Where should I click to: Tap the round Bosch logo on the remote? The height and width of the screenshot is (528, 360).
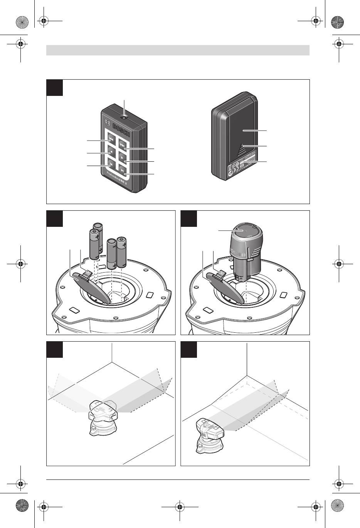click(x=108, y=123)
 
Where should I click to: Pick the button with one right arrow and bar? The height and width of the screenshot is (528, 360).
click(x=122, y=171)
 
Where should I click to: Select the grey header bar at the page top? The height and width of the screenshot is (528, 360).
click(x=178, y=50)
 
